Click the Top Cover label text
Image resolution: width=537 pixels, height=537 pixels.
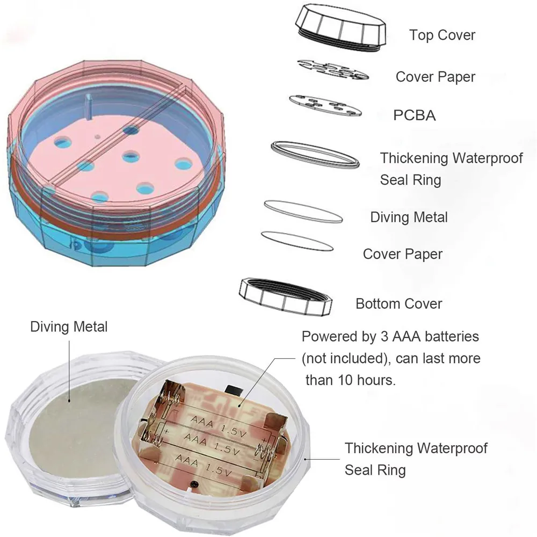coord(442,35)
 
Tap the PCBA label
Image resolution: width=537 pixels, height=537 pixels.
coord(414,115)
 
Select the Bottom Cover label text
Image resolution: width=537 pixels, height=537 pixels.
coord(398,303)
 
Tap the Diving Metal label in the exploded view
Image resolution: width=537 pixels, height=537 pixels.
coord(409,217)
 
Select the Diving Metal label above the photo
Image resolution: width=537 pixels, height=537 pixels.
coord(69,326)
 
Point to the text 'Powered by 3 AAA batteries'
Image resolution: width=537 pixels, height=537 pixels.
coord(390,337)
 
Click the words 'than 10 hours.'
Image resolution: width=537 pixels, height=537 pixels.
coord(350,380)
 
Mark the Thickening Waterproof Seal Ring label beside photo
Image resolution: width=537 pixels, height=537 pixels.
coord(416,459)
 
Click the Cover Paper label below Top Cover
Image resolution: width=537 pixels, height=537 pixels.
coord(436,77)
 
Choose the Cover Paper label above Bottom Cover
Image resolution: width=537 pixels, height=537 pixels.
coord(402,254)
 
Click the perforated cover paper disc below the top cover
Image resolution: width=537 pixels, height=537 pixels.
coord(332,69)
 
